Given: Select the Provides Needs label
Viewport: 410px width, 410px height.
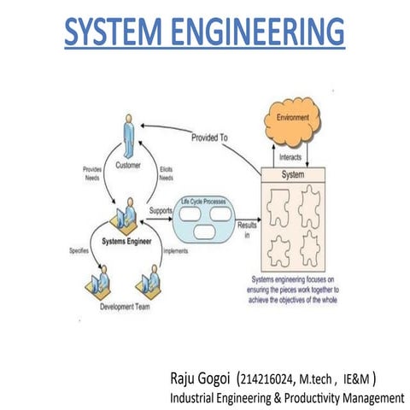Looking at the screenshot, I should pos(93,173).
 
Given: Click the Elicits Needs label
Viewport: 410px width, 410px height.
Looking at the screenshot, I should pos(167,173).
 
